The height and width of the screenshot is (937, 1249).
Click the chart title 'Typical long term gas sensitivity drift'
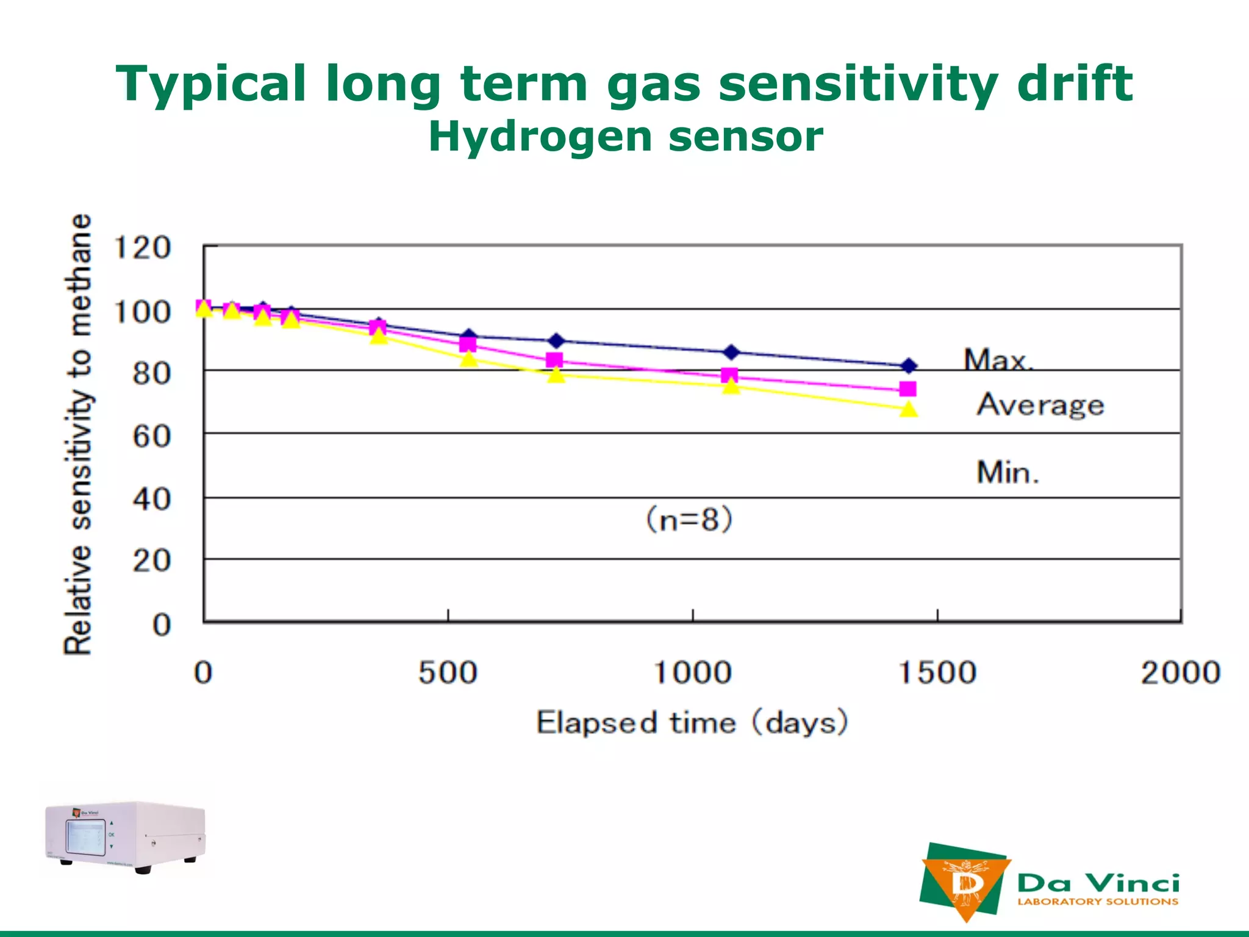click(624, 84)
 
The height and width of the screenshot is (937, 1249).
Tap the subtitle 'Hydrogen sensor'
click(625, 136)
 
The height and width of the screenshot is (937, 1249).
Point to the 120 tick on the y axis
click(142, 248)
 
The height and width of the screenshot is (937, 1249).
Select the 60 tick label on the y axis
click(151, 436)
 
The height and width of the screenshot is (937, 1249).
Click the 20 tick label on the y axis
click(151, 560)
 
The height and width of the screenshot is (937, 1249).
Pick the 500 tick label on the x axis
click(448, 673)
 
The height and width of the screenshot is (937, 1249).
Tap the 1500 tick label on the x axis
click(937, 673)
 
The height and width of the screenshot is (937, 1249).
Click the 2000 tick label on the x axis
click(1180, 673)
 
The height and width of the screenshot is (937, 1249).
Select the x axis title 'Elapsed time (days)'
click(692, 723)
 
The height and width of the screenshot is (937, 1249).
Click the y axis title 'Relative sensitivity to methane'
click(78, 434)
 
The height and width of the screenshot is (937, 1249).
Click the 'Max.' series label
click(998, 360)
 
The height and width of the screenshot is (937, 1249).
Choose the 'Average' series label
click(1040, 404)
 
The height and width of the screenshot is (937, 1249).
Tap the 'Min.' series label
click(1007, 472)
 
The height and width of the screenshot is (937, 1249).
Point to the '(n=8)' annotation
click(689, 520)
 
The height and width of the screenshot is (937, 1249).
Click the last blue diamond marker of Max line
click(909, 366)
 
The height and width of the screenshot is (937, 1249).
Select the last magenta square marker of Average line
click(908, 389)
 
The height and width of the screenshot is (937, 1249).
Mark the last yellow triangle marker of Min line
click(909, 409)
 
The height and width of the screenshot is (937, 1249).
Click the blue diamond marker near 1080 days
click(731, 352)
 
